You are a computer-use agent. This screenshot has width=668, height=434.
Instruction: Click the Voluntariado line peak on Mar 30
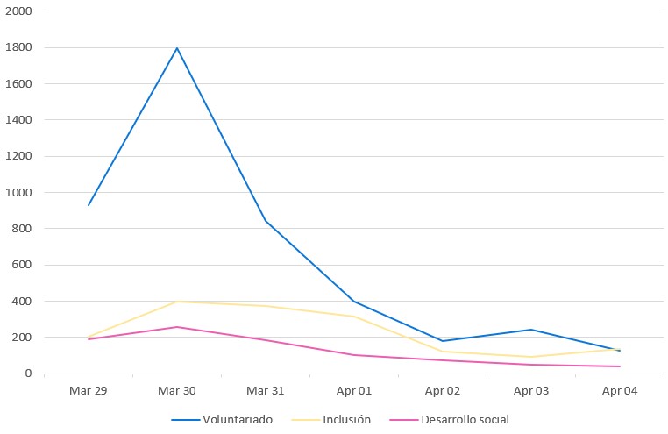(x=177, y=48)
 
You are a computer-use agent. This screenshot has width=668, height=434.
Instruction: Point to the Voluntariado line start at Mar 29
(x=89, y=205)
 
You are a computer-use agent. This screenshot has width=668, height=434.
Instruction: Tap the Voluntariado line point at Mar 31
(x=266, y=221)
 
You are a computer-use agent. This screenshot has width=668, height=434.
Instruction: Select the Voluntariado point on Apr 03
(x=531, y=330)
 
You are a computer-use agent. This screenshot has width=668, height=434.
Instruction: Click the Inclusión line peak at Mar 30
(x=177, y=302)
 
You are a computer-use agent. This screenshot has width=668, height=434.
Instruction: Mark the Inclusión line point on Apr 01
(x=354, y=317)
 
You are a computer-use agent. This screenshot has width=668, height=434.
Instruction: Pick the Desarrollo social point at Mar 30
(x=177, y=327)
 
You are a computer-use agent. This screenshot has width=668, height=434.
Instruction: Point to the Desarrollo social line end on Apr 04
(x=620, y=366)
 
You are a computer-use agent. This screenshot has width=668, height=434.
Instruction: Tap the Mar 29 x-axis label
(x=89, y=391)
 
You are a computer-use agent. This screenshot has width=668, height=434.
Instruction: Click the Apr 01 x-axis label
(x=354, y=391)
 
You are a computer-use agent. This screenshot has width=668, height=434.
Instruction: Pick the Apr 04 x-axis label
(x=620, y=391)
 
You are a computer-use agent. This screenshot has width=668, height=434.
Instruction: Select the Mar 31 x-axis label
(x=266, y=391)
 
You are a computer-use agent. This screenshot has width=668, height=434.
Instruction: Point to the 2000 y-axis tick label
(x=18, y=11)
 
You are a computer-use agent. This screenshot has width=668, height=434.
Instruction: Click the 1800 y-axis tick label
(x=18, y=47)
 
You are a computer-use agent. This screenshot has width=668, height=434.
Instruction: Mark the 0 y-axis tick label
(x=28, y=374)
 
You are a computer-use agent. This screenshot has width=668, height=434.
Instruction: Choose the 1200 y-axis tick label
(x=18, y=156)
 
